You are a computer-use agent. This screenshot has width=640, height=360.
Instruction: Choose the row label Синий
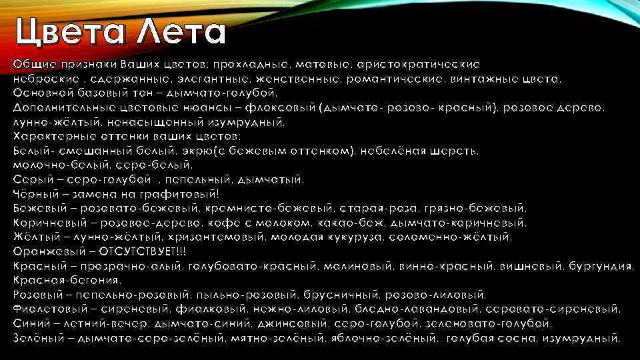click(27, 324)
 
